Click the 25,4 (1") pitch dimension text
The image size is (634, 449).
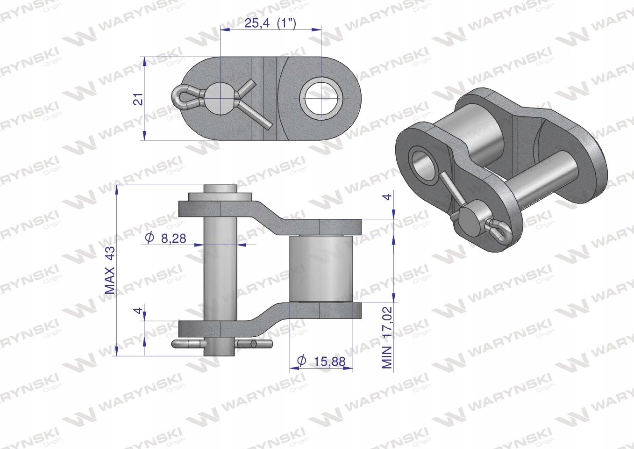click(271, 23)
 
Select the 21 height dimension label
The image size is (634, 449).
click(138, 99)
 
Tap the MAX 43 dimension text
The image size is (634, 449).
click(109, 270)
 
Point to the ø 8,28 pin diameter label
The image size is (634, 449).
click(165, 238)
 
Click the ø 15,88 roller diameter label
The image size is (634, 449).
click(321, 361)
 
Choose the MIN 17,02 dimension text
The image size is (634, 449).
click(387, 337)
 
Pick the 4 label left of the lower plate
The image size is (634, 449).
click(138, 311)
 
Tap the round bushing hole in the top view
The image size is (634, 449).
click(321, 98)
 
